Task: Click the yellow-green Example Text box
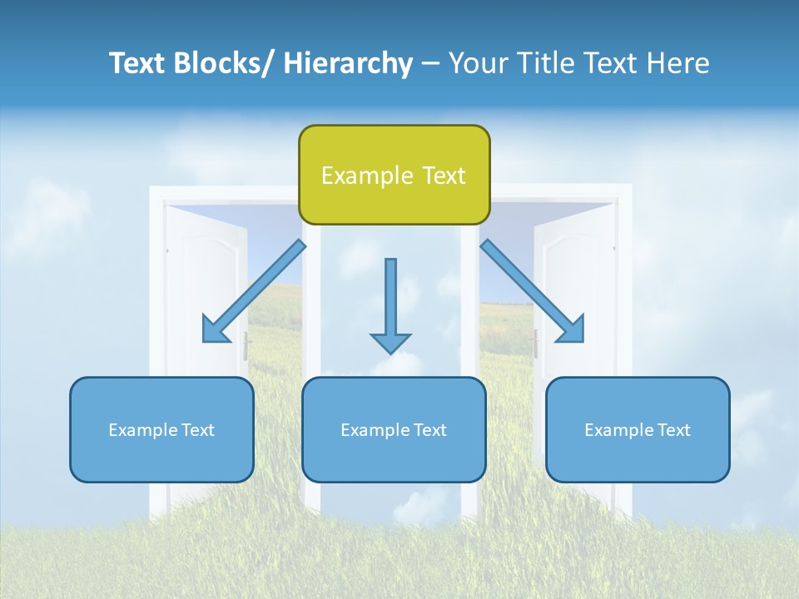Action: pos(394,175)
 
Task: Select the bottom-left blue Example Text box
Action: pos(161,429)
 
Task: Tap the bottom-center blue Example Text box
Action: pos(394,429)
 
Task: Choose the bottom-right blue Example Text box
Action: pos(638,429)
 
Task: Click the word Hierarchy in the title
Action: pos(348,63)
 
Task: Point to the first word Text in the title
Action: pos(136,63)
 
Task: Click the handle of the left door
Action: pos(247,346)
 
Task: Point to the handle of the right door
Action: pos(535,343)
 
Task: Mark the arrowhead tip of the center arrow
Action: pos(390,353)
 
